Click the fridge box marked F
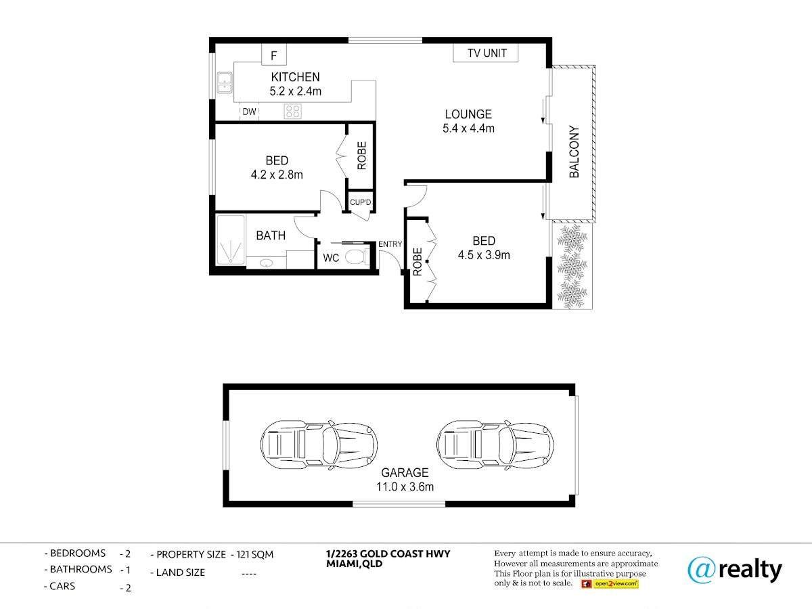point(274,54)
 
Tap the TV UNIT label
point(487,53)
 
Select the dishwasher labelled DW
point(249,112)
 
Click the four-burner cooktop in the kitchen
point(292,111)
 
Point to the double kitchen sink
point(225,83)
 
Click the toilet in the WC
point(357,256)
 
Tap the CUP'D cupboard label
point(360,202)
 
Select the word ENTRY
point(390,244)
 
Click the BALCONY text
point(574,152)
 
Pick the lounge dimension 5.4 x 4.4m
point(468,129)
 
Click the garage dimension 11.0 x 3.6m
point(405,487)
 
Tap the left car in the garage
point(319,445)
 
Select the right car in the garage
point(495,445)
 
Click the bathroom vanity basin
point(266,263)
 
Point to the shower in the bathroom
point(231,240)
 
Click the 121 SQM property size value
point(254,555)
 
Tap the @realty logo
point(735,570)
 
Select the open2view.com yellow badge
point(616,584)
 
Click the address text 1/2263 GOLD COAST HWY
point(388,554)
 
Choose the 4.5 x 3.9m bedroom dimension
point(484,255)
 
